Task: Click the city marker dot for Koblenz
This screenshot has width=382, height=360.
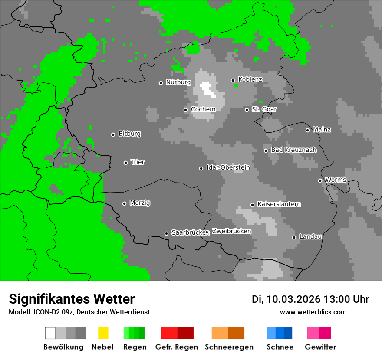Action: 233,80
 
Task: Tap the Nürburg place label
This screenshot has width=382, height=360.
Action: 178,82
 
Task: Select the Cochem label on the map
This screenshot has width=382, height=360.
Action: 203,109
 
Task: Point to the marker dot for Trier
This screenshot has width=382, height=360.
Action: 126,163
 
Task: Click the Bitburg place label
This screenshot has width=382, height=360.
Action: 129,134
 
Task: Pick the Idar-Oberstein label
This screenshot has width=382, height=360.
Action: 228,167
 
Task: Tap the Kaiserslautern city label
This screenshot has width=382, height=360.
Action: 279,204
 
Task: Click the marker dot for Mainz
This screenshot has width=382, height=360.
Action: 308,130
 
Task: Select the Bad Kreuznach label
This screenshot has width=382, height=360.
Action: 293,150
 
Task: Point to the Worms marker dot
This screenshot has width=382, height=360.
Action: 320,180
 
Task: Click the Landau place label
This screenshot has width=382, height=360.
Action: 310,237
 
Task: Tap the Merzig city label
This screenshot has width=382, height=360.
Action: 140,203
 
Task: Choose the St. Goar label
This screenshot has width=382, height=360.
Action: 264,109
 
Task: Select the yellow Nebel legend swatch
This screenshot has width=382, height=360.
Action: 103,333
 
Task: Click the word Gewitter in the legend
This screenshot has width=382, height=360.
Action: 320,347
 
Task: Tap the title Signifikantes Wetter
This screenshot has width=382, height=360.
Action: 72,299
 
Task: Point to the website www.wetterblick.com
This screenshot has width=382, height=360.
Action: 313,312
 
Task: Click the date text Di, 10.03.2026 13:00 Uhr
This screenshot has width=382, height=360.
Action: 310,299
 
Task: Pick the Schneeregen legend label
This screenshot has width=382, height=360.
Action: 228,347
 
